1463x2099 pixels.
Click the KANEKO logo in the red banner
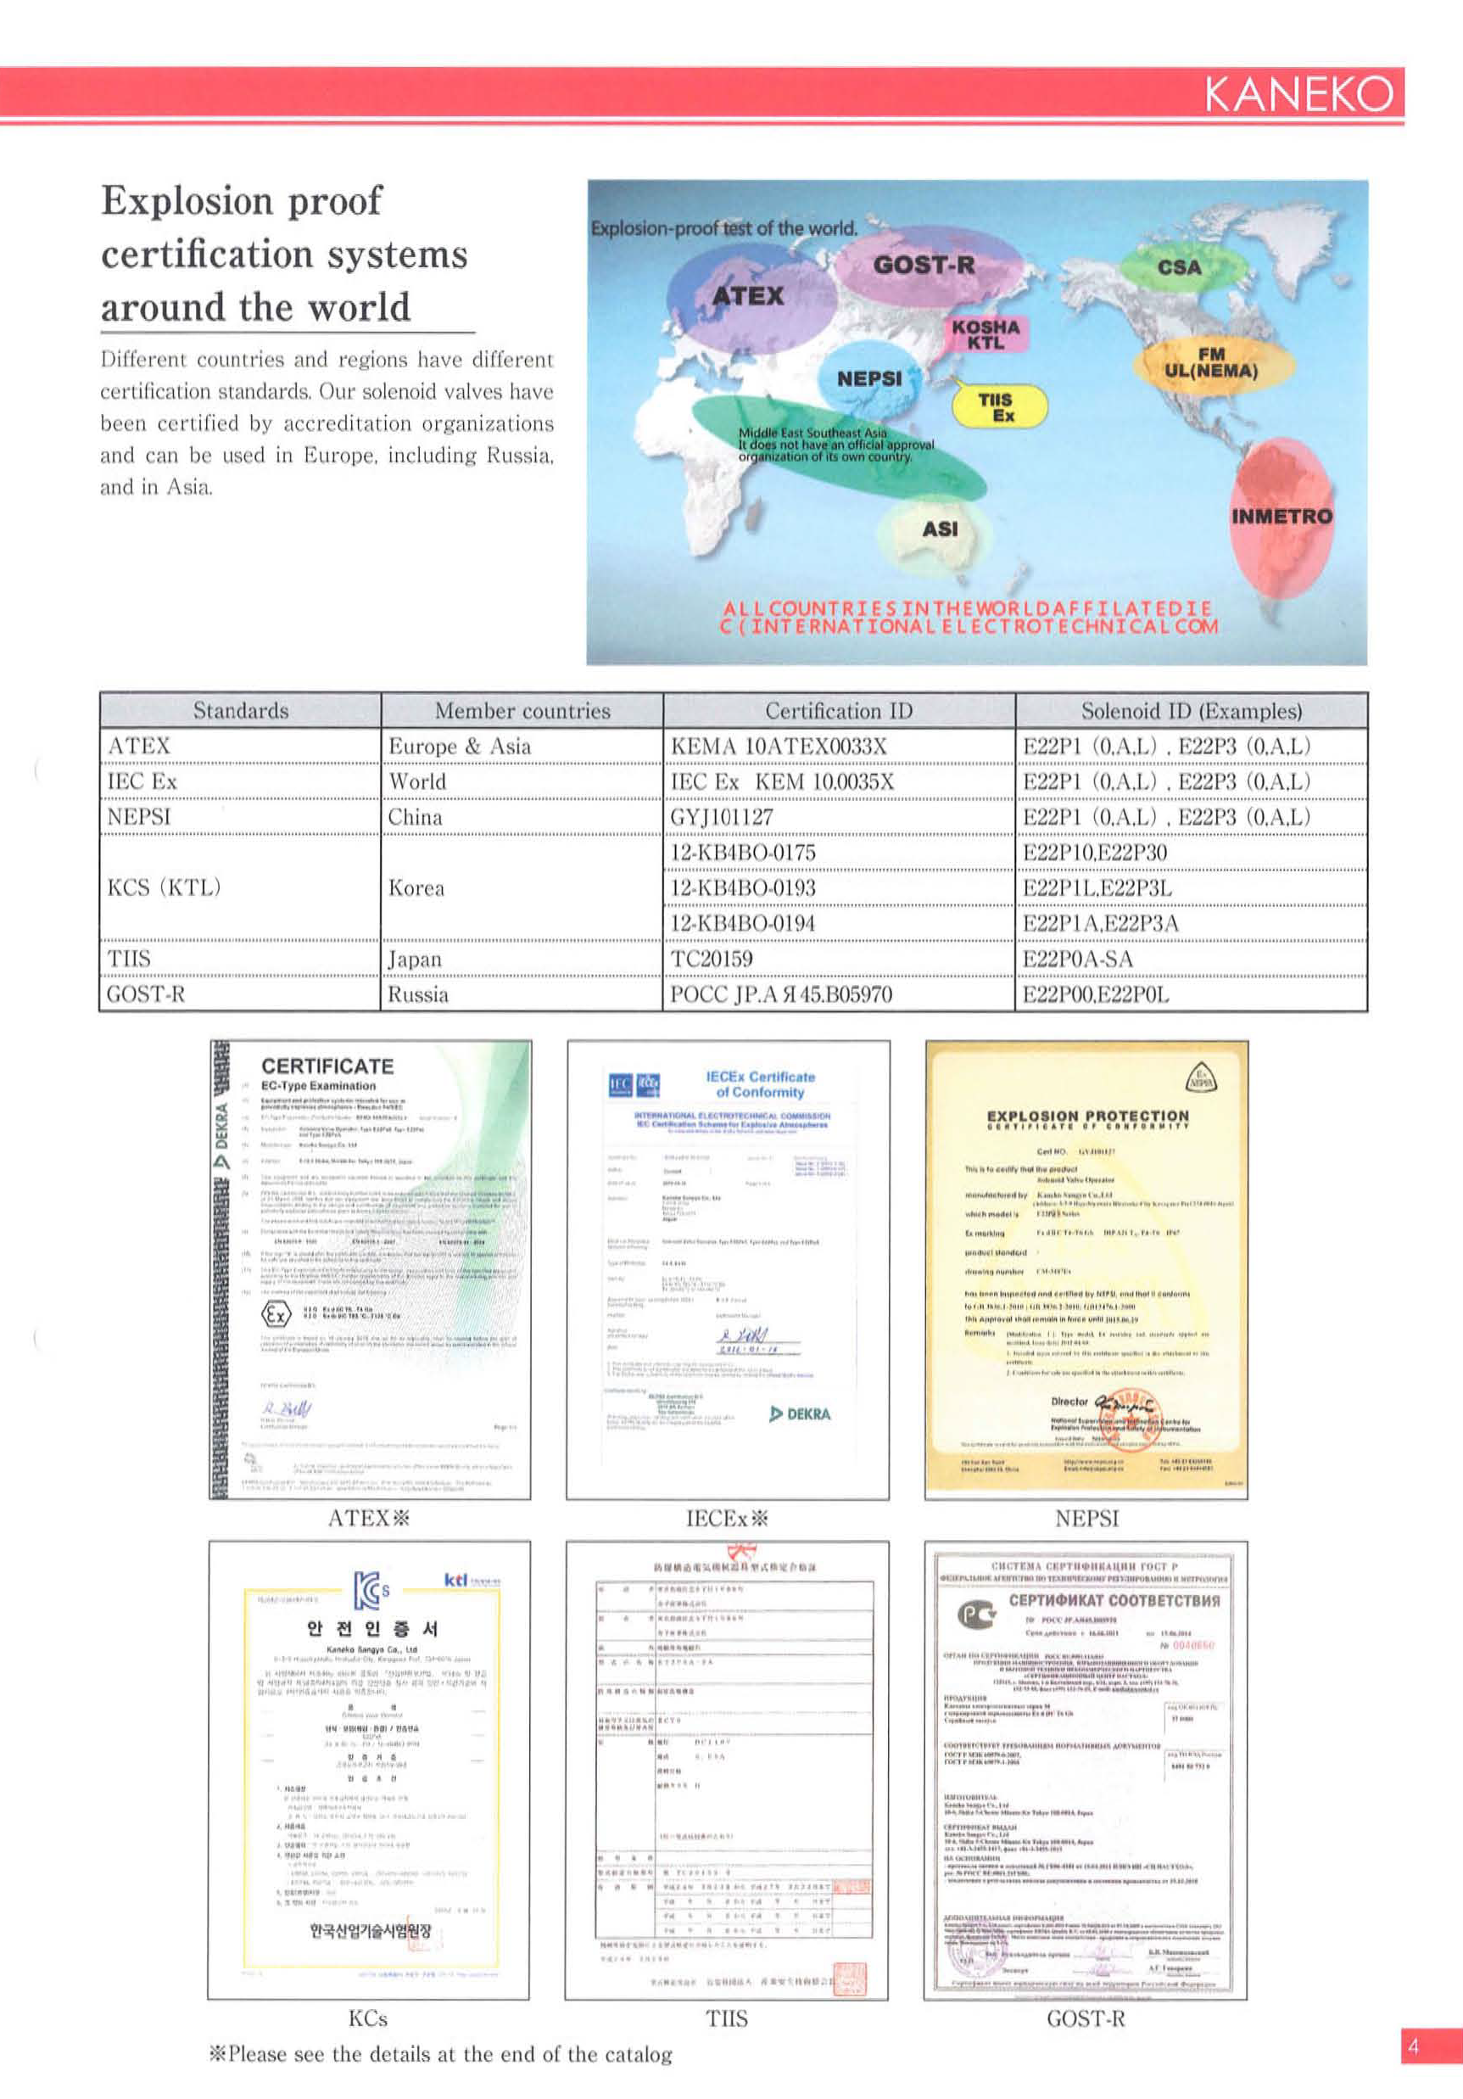(x=1298, y=93)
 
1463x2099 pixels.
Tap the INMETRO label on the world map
(x=1282, y=517)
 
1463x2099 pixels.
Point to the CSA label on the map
(x=1179, y=267)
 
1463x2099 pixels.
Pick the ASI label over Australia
(x=940, y=529)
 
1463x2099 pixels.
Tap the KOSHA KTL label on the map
(x=985, y=334)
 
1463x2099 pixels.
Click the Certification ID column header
(x=838, y=710)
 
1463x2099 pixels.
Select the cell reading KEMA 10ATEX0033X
(x=779, y=746)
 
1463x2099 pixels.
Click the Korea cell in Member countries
(x=416, y=887)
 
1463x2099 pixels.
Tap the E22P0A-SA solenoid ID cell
(x=1077, y=958)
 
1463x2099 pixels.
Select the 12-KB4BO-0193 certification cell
(x=743, y=887)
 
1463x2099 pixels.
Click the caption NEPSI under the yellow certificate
(x=1086, y=1519)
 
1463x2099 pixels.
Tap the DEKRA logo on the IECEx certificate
(x=801, y=1414)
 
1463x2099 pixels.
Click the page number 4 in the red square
(x=1413, y=2046)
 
